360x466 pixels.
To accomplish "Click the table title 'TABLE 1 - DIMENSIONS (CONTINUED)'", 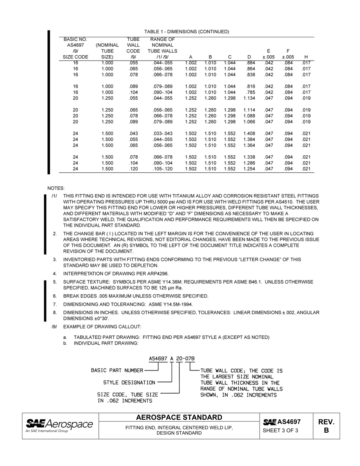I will click(186, 31).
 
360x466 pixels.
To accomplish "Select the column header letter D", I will click(249, 57).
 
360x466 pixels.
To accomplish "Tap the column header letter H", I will click(306, 57).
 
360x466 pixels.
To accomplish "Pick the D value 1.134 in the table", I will click(249, 98).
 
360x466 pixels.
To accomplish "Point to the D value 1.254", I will click(249, 169).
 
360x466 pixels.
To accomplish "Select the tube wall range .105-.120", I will click(162, 169).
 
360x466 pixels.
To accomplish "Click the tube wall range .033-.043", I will click(162, 133).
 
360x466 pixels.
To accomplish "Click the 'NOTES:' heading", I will click(56, 188).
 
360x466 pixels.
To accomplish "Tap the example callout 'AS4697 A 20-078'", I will click(172, 358).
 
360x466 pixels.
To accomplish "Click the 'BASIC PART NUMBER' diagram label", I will click(117, 370).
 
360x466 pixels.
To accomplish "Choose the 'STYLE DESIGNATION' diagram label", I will click(129, 383).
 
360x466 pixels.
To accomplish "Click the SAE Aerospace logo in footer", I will click(59, 425).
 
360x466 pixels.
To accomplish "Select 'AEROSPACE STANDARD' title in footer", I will click(179, 418).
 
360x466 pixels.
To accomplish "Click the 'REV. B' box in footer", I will click(326, 426).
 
